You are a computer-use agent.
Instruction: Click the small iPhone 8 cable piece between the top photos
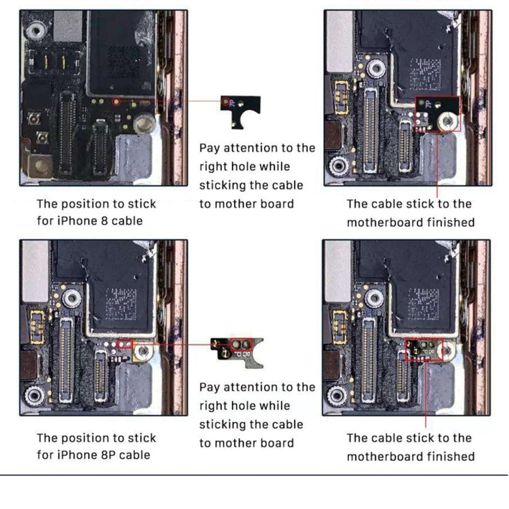pos(241,110)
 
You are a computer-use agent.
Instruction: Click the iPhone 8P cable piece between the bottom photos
pos(235,349)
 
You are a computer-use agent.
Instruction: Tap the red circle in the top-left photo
pos(116,102)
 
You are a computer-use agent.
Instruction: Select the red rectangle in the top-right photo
pos(438,113)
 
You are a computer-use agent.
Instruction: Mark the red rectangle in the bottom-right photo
pos(424,350)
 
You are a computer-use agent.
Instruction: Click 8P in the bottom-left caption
pos(107,455)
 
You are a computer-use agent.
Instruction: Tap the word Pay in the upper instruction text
pos(210,148)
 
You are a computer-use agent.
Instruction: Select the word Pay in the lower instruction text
pos(210,387)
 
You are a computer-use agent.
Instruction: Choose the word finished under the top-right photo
pos(451,222)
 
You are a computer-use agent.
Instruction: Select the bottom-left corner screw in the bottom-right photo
pos(338,396)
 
